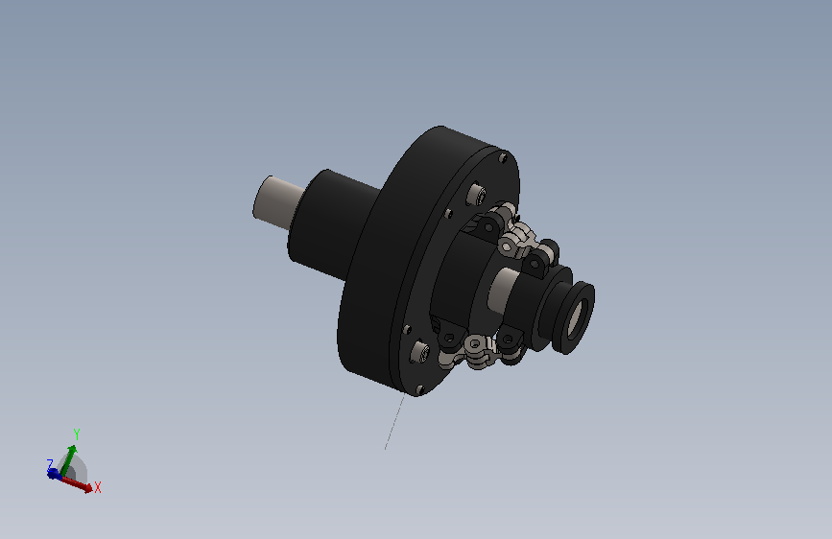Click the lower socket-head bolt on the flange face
click(421, 354)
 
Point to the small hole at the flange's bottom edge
click(419, 388)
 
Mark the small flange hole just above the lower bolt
click(407, 329)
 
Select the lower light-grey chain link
click(476, 347)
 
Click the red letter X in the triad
click(98, 487)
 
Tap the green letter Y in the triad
click(77, 435)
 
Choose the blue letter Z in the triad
click(50, 464)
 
